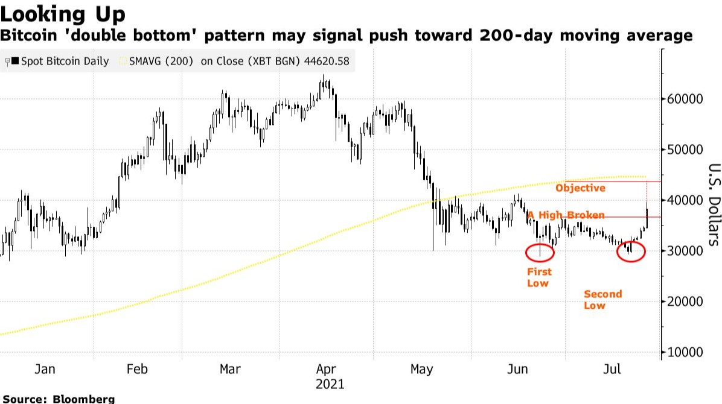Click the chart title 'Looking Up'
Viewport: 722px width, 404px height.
[x=63, y=13]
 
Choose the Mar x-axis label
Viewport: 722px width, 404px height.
[x=230, y=368]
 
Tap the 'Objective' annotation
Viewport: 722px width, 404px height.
[x=580, y=188]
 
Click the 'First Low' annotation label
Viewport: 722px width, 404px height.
[x=538, y=277]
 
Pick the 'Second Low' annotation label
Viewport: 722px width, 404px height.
[x=602, y=300]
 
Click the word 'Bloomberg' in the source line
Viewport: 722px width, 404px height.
[x=84, y=399]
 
